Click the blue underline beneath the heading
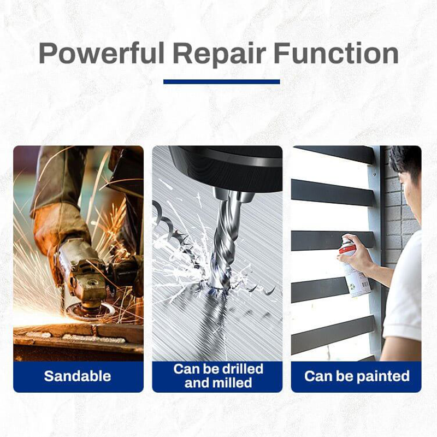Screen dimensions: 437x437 [221, 81]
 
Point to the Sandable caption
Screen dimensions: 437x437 [78, 376]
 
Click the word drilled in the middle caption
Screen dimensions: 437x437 [240, 369]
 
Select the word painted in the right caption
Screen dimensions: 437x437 [382, 376]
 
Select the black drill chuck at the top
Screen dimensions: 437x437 [224, 167]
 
